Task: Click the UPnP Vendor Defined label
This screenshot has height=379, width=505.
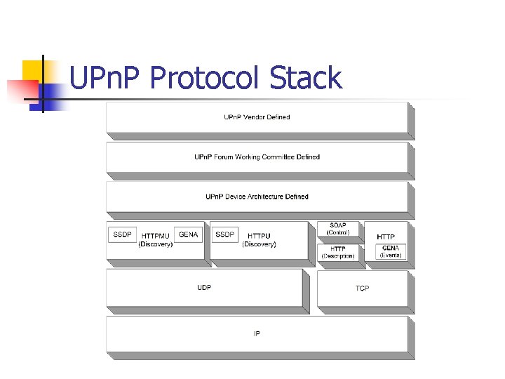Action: pyautogui.click(x=257, y=117)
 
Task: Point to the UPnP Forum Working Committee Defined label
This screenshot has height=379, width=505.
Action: pyautogui.click(x=257, y=157)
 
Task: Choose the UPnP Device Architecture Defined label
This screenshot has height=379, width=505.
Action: pyautogui.click(x=257, y=197)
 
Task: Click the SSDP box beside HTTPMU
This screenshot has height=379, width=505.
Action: pyautogui.click(x=122, y=234)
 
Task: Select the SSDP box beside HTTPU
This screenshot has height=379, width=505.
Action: pyautogui.click(x=225, y=234)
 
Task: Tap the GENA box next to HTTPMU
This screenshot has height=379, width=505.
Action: pyautogui.click(x=188, y=234)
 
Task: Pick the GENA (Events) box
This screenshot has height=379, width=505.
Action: pyautogui.click(x=391, y=251)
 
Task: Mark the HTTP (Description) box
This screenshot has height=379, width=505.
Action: pyautogui.click(x=338, y=253)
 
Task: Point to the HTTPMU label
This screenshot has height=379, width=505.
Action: pyautogui.click(x=155, y=237)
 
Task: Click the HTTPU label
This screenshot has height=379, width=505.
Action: pyautogui.click(x=259, y=237)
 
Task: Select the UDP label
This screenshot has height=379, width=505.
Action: pyautogui.click(x=204, y=288)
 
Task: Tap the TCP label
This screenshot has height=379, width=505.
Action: pyautogui.click(x=362, y=288)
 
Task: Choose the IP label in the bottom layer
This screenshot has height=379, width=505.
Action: pyautogui.click(x=257, y=334)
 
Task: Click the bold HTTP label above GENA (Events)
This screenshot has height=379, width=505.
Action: pyautogui.click(x=386, y=237)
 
